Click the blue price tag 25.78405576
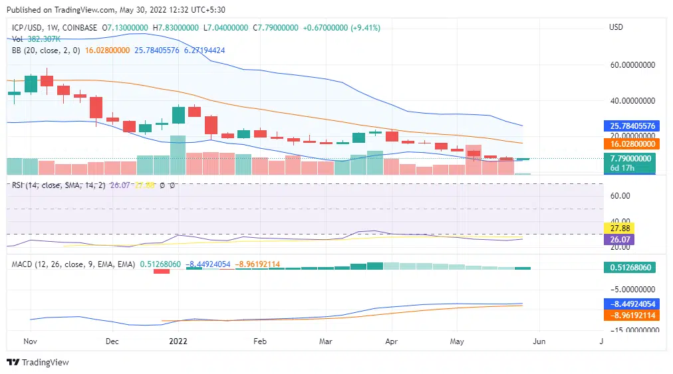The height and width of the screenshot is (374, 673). click(x=629, y=126)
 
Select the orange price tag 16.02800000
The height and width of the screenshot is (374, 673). click(x=629, y=143)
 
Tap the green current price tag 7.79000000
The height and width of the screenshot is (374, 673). click(x=629, y=159)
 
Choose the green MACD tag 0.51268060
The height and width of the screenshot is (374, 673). click(x=629, y=268)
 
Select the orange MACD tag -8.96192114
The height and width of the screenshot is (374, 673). click(x=629, y=316)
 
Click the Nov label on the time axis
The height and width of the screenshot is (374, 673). click(x=30, y=341)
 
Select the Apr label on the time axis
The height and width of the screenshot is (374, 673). click(x=391, y=341)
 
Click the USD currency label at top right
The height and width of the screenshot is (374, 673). click(x=616, y=27)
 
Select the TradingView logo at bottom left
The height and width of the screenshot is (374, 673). click(x=38, y=363)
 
